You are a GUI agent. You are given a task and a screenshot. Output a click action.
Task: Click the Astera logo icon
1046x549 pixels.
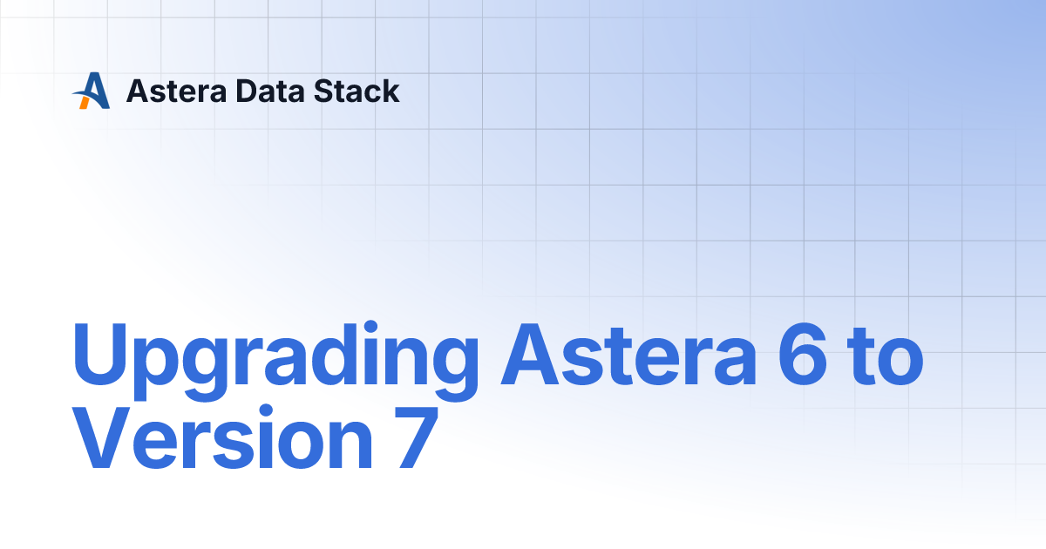[x=91, y=91]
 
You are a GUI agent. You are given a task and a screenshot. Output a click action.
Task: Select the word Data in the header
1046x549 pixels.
[x=257, y=91]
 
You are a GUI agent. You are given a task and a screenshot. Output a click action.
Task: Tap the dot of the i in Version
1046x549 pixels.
[x=273, y=410]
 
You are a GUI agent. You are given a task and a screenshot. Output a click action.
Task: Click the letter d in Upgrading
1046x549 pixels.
[x=335, y=356]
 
